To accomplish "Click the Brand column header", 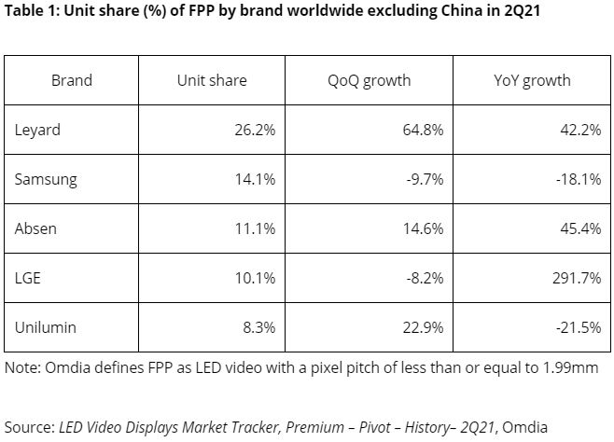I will pyautogui.click(x=72, y=80).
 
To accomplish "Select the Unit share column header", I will pyautogui.click(x=212, y=80).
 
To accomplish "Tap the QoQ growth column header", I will pyautogui.click(x=369, y=80).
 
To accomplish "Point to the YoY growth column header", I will pyautogui.click(x=532, y=80).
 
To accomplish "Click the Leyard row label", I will pyautogui.click(x=38, y=130).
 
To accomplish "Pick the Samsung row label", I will pyautogui.click(x=46, y=180).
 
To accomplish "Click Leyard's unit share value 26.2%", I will pyautogui.click(x=255, y=130).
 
